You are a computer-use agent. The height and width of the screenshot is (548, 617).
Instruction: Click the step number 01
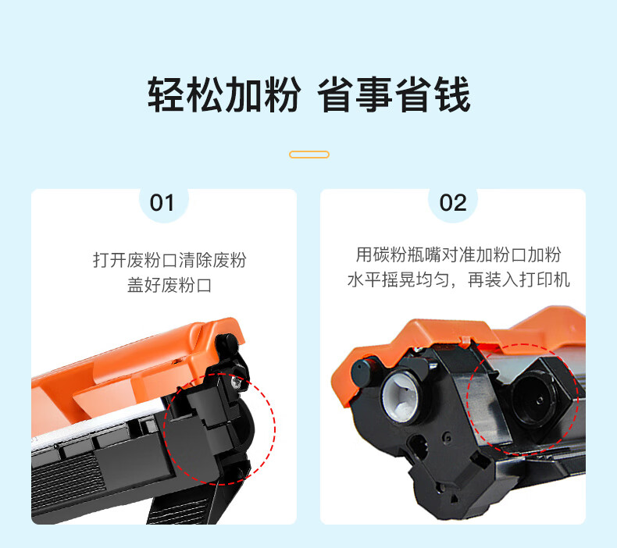(x=162, y=203)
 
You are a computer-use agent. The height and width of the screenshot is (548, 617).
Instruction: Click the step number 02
(x=453, y=203)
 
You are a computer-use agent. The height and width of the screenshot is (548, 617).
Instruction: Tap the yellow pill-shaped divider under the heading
(x=309, y=155)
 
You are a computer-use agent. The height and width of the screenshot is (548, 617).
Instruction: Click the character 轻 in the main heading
(x=166, y=94)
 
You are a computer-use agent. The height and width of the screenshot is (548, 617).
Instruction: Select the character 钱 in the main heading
(x=452, y=94)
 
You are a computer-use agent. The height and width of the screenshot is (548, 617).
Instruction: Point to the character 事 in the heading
(x=374, y=94)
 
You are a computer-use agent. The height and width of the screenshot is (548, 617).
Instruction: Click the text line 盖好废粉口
(x=169, y=285)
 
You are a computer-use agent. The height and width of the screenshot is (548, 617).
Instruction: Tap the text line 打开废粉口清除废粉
(x=169, y=261)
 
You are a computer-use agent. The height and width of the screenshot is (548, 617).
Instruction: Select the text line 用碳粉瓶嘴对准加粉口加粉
(x=458, y=255)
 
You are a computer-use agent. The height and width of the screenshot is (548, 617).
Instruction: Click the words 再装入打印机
(x=519, y=280)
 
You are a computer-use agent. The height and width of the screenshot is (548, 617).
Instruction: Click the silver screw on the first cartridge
(x=236, y=381)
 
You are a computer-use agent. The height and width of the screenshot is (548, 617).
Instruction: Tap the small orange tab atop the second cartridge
(x=465, y=340)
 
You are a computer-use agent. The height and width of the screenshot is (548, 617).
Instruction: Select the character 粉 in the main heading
(x=282, y=94)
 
